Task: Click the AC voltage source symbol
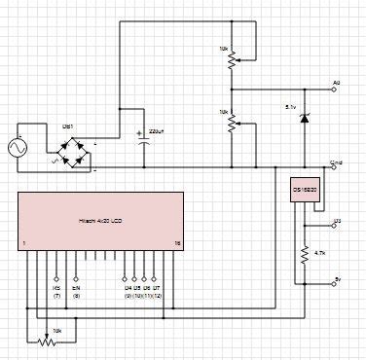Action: (x=16, y=148)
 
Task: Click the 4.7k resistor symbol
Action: (x=307, y=253)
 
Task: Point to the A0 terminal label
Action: (x=337, y=83)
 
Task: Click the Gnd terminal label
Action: (x=336, y=162)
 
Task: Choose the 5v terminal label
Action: (x=337, y=279)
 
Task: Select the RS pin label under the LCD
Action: (x=56, y=288)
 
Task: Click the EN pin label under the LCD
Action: (x=77, y=288)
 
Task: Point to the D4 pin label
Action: (x=127, y=288)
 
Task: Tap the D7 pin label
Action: (x=158, y=288)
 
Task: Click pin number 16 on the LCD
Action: (x=176, y=243)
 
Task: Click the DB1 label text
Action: (x=68, y=126)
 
